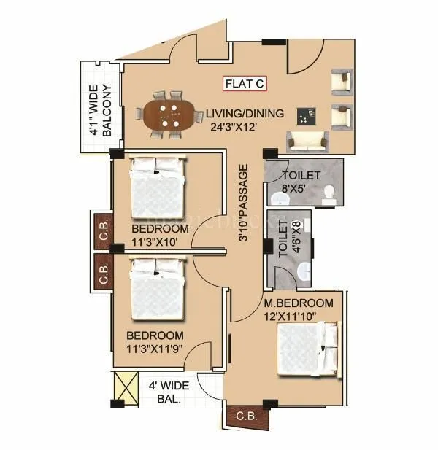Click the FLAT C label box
245,84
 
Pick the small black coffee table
304,115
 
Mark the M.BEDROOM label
299,303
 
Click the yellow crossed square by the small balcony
126,385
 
